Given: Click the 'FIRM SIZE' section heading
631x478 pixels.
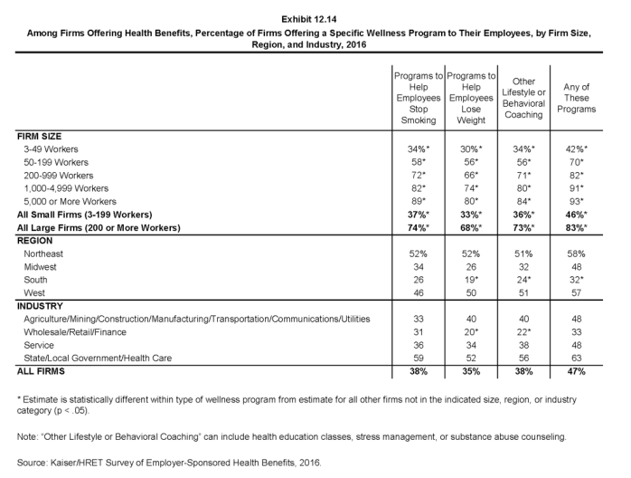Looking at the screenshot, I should click(42, 134).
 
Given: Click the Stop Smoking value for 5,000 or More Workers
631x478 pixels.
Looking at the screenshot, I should click(419, 199).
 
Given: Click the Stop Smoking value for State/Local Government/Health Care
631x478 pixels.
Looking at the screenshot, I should click(418, 358).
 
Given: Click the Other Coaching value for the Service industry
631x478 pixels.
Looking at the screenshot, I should click(524, 346).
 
